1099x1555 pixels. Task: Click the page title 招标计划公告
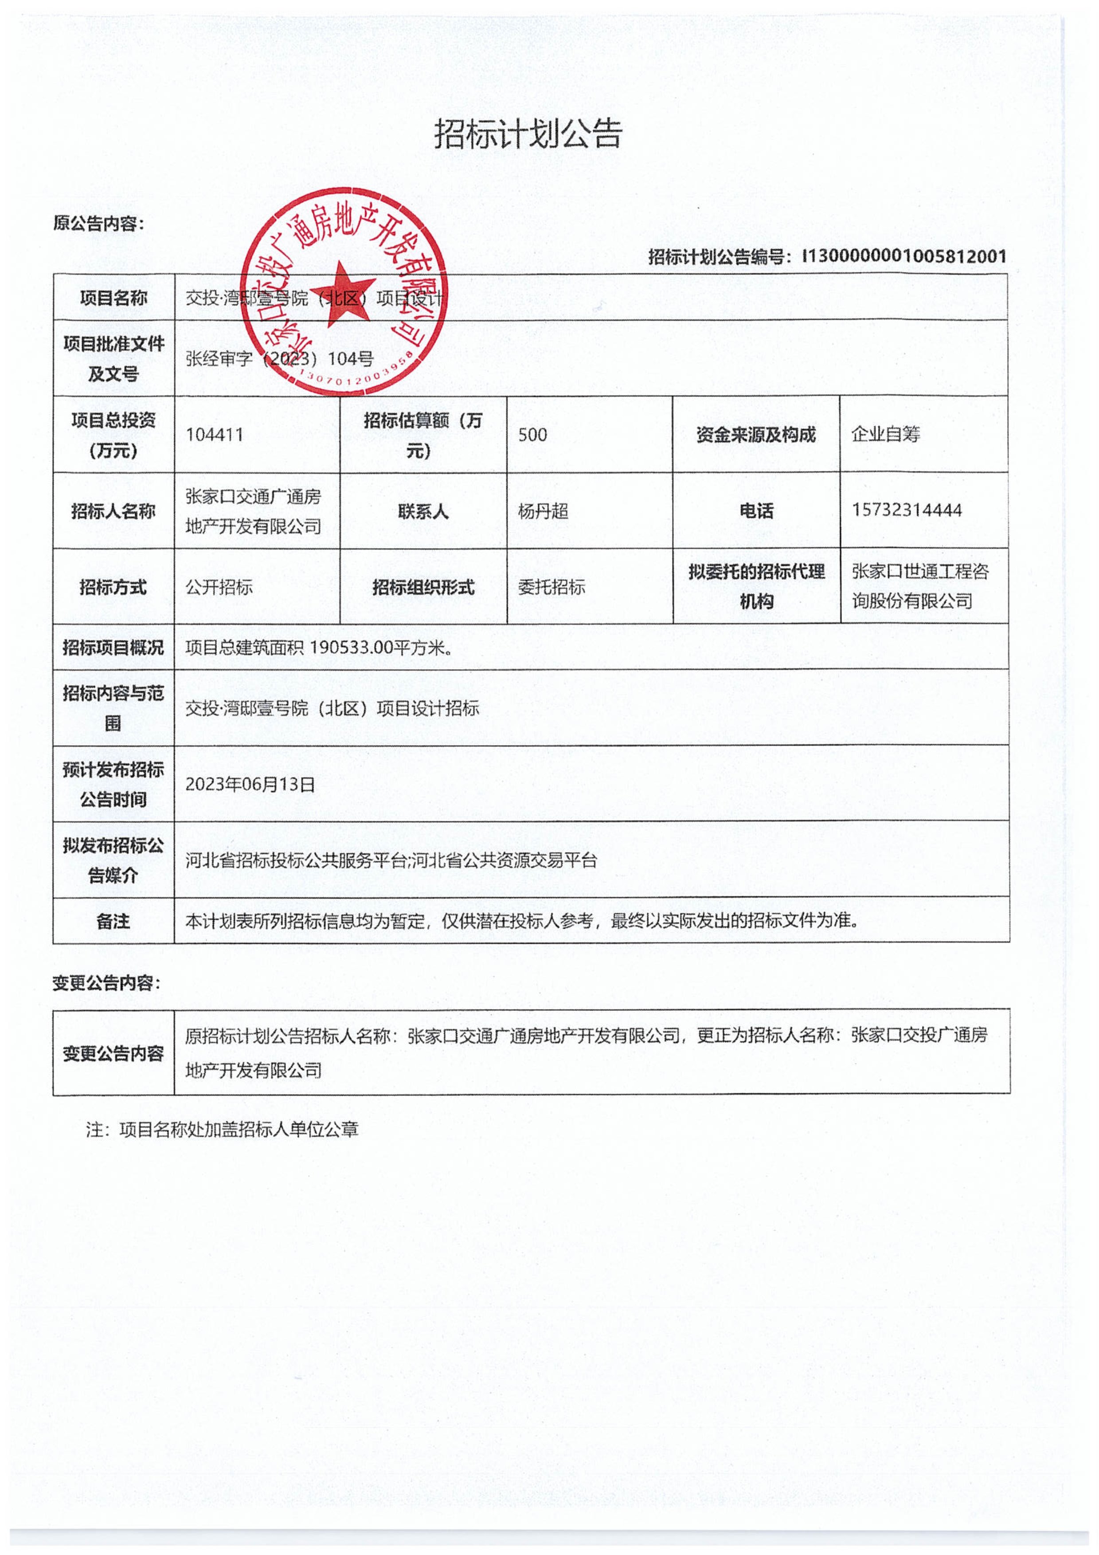coord(528,134)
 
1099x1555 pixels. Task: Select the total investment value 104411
coord(215,435)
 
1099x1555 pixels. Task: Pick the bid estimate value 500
coord(532,435)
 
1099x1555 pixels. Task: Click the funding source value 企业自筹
coord(886,434)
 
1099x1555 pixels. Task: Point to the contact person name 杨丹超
coord(543,511)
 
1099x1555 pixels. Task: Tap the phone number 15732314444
coord(906,510)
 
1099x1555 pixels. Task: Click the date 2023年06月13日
coord(250,784)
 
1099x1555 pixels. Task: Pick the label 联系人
coord(423,511)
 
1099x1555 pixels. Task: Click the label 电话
coord(756,511)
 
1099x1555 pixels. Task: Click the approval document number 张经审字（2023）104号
coord(280,359)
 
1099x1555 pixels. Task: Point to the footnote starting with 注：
coord(222,1129)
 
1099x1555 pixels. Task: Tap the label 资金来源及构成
coord(756,435)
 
